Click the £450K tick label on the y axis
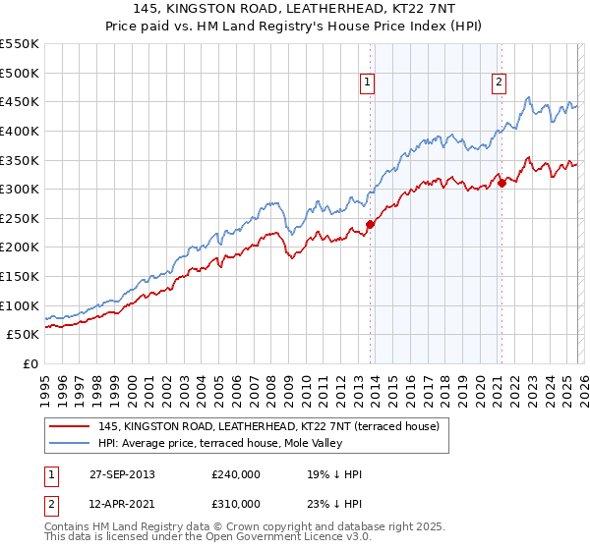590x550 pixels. pos(20,101)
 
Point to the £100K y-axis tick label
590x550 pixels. pos(20,305)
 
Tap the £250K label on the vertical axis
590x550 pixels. pos(20,218)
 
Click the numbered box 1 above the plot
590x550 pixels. pos(367,83)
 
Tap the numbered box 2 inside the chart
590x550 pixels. pos(499,83)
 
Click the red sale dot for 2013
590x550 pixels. pos(371,224)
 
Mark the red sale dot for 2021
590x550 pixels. pos(501,183)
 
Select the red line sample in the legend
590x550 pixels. pos(69,425)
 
